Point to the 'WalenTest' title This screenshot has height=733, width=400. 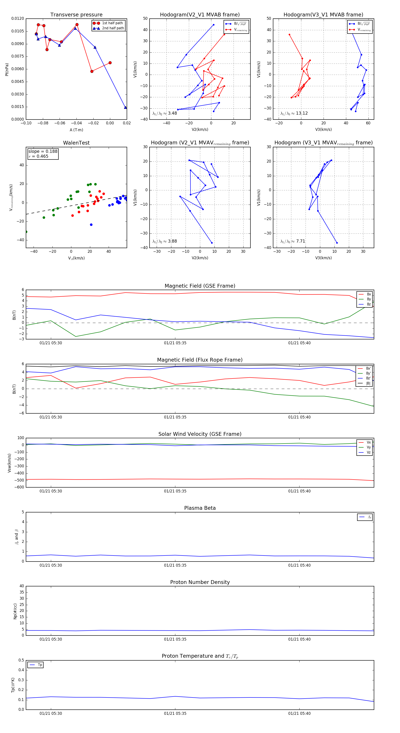[x=76, y=143]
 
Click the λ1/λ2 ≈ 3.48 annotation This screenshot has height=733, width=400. [x=164, y=113]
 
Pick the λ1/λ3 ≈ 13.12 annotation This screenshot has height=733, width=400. [x=294, y=113]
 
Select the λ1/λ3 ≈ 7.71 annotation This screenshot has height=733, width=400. [x=293, y=241]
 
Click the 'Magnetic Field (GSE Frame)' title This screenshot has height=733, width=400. [x=200, y=286]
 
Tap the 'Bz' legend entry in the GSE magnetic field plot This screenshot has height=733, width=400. [x=369, y=304]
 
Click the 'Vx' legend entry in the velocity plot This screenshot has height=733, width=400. [x=369, y=442]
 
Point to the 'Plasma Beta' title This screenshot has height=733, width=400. [x=200, y=508]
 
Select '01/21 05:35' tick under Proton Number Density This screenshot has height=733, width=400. [x=175, y=639]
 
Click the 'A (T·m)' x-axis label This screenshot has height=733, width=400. [x=76, y=130]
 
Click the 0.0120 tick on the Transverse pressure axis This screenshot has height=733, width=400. [x=18, y=18]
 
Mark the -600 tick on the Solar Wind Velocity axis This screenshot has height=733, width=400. [x=19, y=487]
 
